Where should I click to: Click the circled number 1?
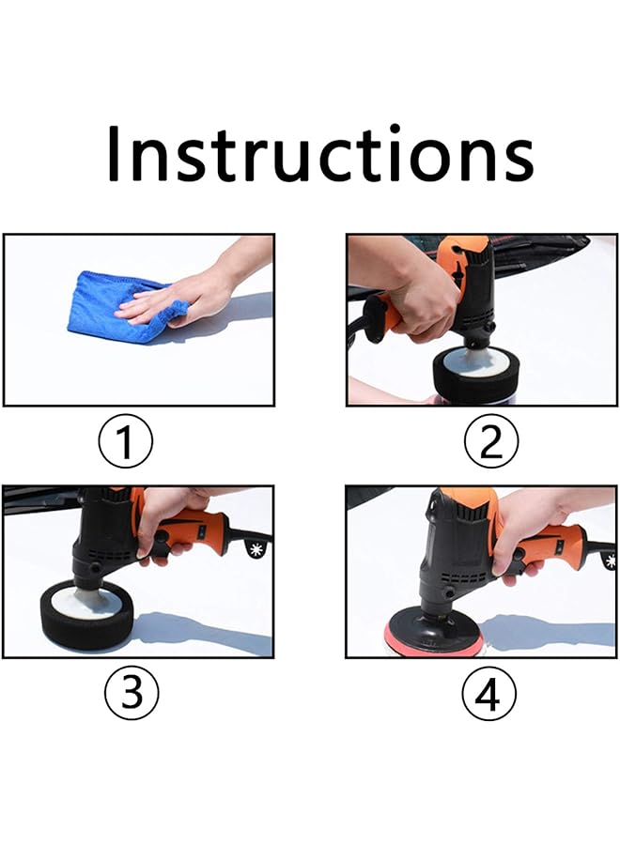(x=126, y=442)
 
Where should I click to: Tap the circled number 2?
(x=490, y=442)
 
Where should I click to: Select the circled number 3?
(x=131, y=693)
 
